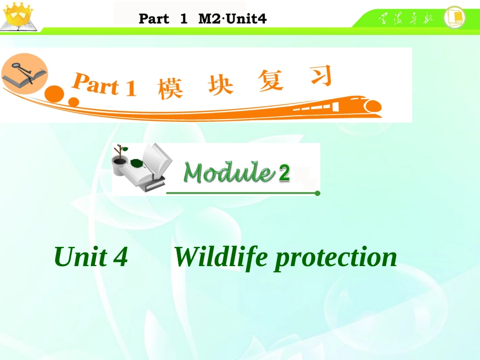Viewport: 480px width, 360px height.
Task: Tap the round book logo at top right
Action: tap(455, 18)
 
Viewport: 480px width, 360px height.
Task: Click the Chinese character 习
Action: tap(319, 76)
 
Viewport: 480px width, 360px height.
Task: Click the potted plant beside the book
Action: tap(119, 160)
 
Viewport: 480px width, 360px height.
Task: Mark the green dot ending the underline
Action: tap(317, 193)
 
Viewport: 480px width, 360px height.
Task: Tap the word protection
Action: tap(335, 258)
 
